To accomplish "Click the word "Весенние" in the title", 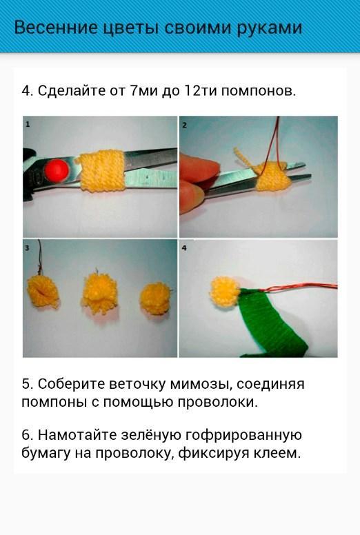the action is (56, 28).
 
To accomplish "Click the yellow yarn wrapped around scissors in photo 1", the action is (101, 170).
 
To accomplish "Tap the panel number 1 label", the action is (28, 125).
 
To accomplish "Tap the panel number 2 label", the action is (184, 125).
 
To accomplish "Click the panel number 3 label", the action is (28, 248).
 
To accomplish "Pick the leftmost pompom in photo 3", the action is (43, 291).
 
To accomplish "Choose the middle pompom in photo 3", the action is (99, 292).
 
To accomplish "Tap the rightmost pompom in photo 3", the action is (155, 298).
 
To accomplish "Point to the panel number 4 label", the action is (184, 248).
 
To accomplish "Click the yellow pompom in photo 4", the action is (224, 292).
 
